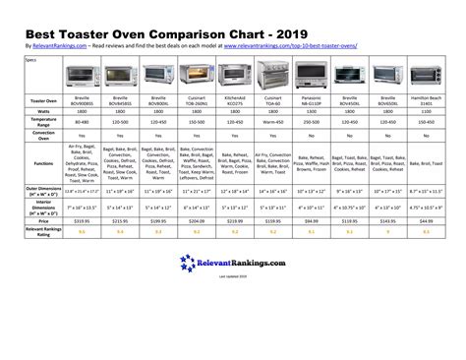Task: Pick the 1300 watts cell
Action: [x=313, y=113]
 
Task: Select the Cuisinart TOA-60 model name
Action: [x=274, y=100]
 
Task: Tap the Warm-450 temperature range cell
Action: [x=274, y=124]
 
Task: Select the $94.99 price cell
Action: [x=313, y=222]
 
